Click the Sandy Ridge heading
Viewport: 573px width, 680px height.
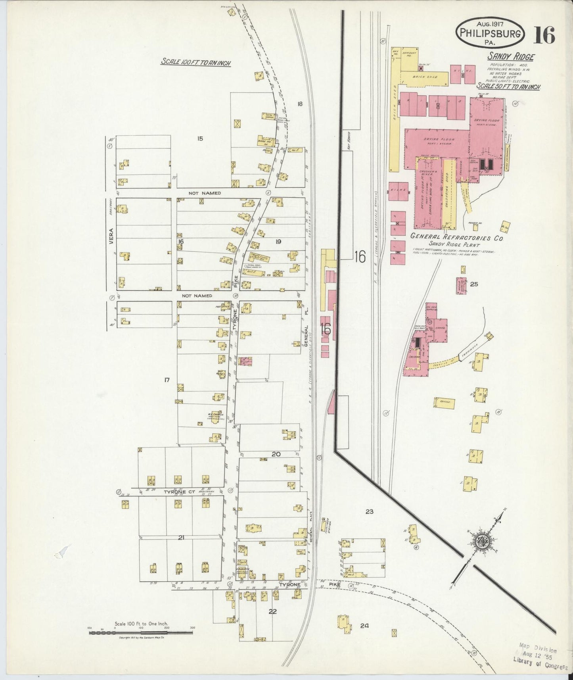point(510,57)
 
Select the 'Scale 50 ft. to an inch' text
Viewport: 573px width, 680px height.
point(509,86)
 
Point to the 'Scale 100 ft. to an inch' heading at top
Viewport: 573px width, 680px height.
point(196,62)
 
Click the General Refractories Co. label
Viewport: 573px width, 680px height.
point(456,238)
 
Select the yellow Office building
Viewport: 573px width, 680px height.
point(444,403)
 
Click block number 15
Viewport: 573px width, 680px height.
point(200,138)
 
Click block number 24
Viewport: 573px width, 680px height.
point(364,626)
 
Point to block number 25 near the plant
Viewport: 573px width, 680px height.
point(474,284)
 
